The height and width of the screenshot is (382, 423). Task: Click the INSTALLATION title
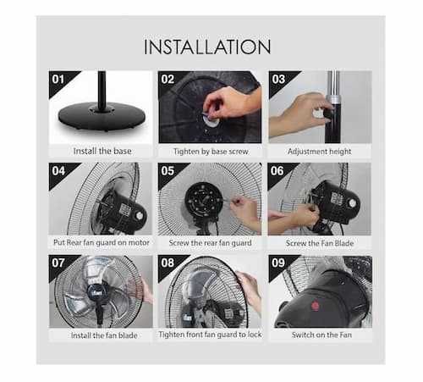coord(207,47)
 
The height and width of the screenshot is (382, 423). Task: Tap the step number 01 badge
coord(58,80)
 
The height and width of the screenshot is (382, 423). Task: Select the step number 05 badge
coord(168,171)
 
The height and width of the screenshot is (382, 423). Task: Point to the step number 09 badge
coord(278,263)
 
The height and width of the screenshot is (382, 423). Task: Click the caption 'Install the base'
coord(102,151)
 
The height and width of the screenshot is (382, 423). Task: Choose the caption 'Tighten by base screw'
coord(211,152)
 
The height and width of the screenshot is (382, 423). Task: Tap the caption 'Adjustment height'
coord(320,152)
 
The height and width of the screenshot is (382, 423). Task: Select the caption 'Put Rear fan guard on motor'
coord(102,242)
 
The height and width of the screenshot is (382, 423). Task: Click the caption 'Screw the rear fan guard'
coord(210,243)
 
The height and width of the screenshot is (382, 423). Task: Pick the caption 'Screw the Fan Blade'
coord(320,243)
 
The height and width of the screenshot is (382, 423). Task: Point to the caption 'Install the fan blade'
coord(104,335)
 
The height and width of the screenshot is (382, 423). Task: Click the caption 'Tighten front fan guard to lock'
coord(210,335)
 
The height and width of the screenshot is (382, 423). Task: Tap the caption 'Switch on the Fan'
coord(321,335)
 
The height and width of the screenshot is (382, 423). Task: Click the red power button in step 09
coord(315,306)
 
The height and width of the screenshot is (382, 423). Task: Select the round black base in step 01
coord(102,116)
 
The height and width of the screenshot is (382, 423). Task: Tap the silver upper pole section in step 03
coord(333,87)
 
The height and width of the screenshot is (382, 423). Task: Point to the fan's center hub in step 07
coord(95,291)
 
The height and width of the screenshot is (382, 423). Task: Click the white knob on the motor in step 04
coord(140,216)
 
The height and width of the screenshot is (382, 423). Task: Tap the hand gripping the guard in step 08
coord(250,287)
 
